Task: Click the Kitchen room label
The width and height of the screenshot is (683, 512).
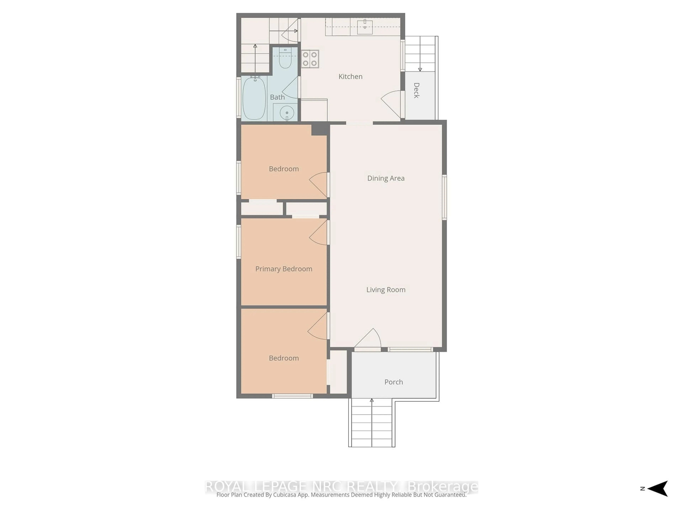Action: point(350,77)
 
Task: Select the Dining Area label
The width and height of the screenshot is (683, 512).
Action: point(386,178)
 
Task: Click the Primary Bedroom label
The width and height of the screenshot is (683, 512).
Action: point(284,269)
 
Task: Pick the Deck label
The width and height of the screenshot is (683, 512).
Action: point(417,90)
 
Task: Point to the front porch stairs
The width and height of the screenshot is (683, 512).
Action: point(372,423)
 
